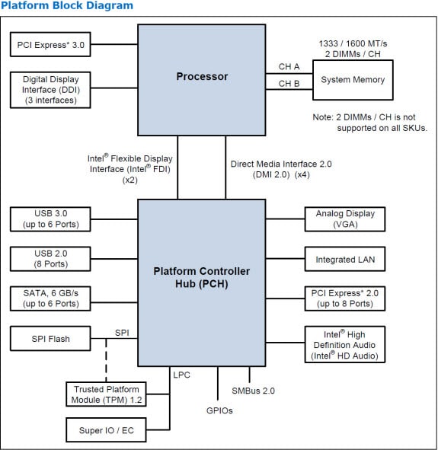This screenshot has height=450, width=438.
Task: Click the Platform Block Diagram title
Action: pos(67,6)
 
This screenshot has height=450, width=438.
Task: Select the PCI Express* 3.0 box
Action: pos(51,45)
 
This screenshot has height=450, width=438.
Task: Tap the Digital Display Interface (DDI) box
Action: pos(51,89)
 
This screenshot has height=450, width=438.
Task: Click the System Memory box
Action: pos(352,80)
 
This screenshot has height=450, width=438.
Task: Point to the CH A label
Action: pos(289,67)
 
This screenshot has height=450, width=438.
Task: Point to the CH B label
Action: pos(289,84)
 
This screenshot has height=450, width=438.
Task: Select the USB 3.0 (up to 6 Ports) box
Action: pos(51,219)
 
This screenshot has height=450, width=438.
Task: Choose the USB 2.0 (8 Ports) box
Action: pos(51,258)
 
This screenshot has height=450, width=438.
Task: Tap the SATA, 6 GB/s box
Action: pos(51,298)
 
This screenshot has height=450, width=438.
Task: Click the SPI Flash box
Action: pos(51,338)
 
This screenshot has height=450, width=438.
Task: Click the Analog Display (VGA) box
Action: pos(345,219)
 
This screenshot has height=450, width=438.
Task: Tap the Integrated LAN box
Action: pos(345,260)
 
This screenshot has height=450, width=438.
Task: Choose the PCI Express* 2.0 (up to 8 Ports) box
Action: pos(345,298)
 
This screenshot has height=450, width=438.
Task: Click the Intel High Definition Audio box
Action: pos(345,344)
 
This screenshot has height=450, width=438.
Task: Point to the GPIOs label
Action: pos(219,410)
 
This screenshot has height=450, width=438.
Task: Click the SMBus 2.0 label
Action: pos(253,391)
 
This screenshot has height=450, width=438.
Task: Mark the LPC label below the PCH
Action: pos(181,375)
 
